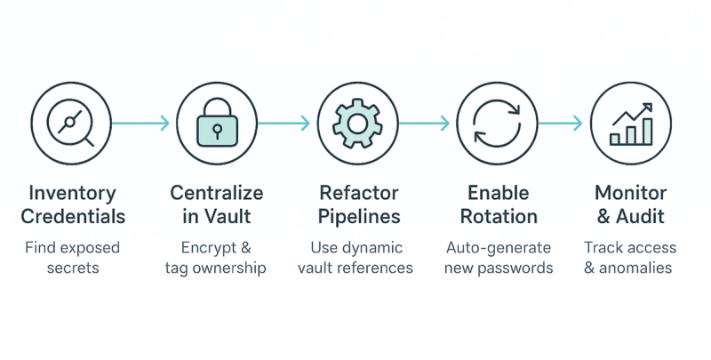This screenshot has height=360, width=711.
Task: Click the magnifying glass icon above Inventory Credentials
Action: coord(71,123)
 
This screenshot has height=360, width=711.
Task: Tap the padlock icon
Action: coord(217,123)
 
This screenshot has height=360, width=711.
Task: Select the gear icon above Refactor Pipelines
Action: coord(357,123)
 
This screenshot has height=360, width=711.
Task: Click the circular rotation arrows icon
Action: coord(497,123)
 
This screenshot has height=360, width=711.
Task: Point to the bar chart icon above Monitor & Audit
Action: coord(632,124)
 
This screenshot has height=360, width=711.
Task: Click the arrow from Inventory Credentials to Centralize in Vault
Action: coord(140,123)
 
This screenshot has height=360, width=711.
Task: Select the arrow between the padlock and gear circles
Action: coord(284,123)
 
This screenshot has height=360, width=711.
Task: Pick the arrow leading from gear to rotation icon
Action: coord(424,123)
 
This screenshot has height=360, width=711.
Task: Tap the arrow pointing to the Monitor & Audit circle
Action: coord(560,123)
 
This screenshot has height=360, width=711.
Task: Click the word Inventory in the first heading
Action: coord(73,193)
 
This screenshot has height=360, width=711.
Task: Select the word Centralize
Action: coord(217,193)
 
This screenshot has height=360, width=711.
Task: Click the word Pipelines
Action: coord(359,216)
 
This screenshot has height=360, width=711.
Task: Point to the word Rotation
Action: coord(499,216)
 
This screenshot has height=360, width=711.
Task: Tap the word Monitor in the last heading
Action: coord(631,193)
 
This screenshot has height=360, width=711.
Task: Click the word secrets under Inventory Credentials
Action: coord(73,268)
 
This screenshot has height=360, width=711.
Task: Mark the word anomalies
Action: coord(635,268)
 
